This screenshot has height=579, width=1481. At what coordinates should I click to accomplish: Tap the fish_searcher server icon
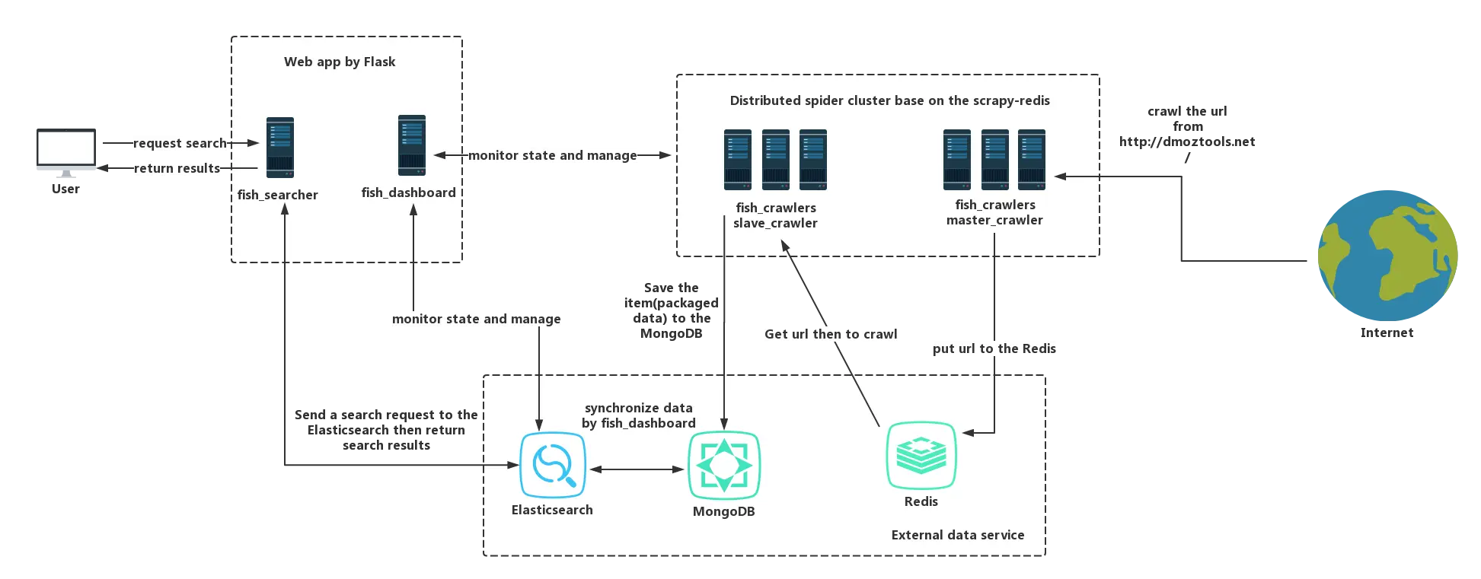[280, 148]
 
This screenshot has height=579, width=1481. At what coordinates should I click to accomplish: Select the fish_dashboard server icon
[412, 145]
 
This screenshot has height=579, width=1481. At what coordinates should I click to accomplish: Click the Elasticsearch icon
[553, 465]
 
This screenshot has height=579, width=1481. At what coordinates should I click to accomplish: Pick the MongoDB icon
[723, 465]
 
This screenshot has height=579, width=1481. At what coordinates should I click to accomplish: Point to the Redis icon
[921, 456]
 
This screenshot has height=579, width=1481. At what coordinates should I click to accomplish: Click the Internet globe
[1387, 256]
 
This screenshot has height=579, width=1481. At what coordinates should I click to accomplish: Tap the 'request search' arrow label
[180, 143]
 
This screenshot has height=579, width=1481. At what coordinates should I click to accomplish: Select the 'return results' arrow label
[177, 168]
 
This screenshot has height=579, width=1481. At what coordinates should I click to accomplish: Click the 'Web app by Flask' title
[340, 62]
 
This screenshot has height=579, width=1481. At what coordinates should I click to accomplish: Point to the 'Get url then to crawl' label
[831, 334]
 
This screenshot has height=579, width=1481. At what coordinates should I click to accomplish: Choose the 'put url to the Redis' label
[994, 348]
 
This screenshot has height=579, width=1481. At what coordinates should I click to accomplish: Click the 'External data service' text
[957, 535]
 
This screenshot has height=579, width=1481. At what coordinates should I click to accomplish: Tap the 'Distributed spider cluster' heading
[889, 100]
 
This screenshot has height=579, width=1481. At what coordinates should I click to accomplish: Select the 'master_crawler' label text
[994, 221]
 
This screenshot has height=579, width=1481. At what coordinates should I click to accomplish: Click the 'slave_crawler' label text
[775, 224]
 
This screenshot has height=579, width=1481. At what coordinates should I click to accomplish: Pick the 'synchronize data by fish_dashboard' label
[639, 415]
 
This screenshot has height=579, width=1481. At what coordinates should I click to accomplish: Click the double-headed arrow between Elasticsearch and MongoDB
[637, 469]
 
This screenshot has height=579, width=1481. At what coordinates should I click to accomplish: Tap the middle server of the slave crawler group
[776, 160]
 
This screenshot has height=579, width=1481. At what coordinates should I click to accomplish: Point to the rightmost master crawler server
[1032, 160]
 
